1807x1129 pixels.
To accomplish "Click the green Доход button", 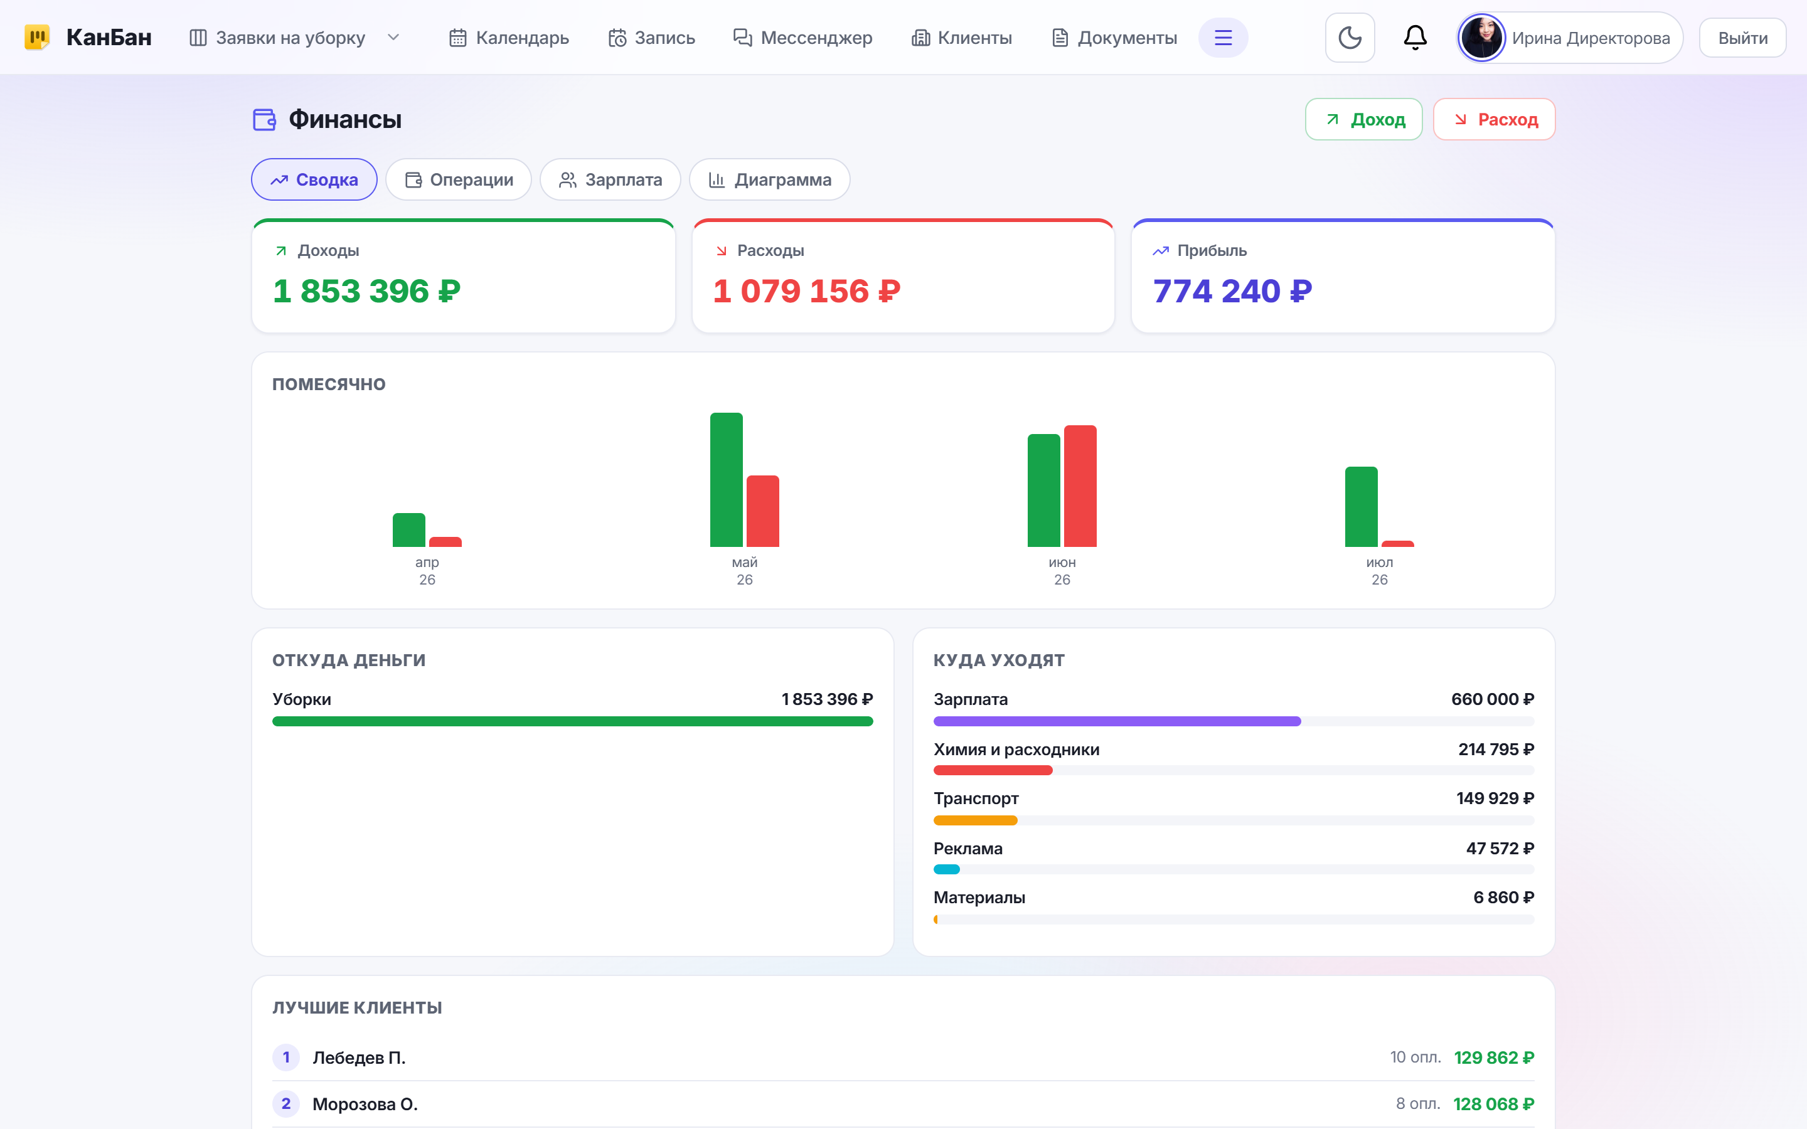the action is [x=1363, y=119].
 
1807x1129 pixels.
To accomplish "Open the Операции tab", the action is [x=459, y=180].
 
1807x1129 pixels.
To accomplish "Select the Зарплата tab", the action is [x=610, y=180].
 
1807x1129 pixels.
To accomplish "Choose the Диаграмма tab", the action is [x=769, y=180].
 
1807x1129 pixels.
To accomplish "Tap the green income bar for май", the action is [x=726, y=480].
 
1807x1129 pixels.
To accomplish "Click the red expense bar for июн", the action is [x=1080, y=486].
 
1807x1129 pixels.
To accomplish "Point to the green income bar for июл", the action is [x=1360, y=507].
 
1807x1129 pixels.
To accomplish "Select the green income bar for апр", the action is [x=408, y=530].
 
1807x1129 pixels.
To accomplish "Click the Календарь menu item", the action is [x=508, y=38].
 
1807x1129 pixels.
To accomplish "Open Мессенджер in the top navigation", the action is [x=802, y=38].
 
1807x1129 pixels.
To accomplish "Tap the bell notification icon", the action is [x=1415, y=38].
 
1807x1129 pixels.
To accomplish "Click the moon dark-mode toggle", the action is [x=1349, y=38].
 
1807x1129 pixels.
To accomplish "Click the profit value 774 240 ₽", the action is [x=1232, y=291].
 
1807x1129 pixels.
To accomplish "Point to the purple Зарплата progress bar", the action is [x=1116, y=721].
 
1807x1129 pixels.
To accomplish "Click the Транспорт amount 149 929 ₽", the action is [x=1495, y=799].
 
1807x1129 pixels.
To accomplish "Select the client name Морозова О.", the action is [x=365, y=1105].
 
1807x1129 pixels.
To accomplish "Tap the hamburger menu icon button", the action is [x=1222, y=38].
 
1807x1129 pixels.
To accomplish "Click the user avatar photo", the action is [x=1481, y=38].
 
